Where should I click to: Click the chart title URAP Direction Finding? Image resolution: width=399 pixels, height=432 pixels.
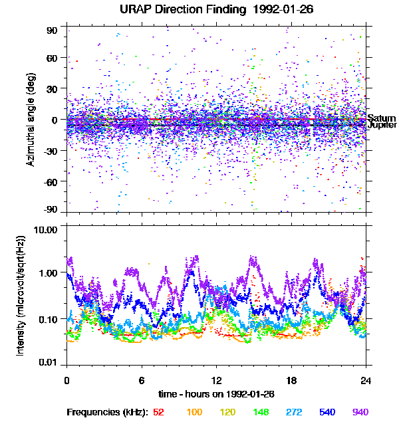tap(190, 9)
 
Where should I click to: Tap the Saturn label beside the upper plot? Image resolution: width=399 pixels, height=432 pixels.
tap(381, 118)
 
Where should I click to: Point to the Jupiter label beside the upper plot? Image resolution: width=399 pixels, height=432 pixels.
tap(382, 125)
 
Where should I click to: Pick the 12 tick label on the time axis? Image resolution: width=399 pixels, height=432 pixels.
tap(215, 381)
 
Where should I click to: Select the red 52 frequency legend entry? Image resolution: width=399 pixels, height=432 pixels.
tap(159, 413)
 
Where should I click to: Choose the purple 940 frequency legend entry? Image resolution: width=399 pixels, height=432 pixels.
tap(360, 413)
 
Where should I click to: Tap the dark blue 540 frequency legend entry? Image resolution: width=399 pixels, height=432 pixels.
tap(327, 413)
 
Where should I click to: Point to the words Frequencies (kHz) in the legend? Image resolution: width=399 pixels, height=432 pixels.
tap(108, 413)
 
